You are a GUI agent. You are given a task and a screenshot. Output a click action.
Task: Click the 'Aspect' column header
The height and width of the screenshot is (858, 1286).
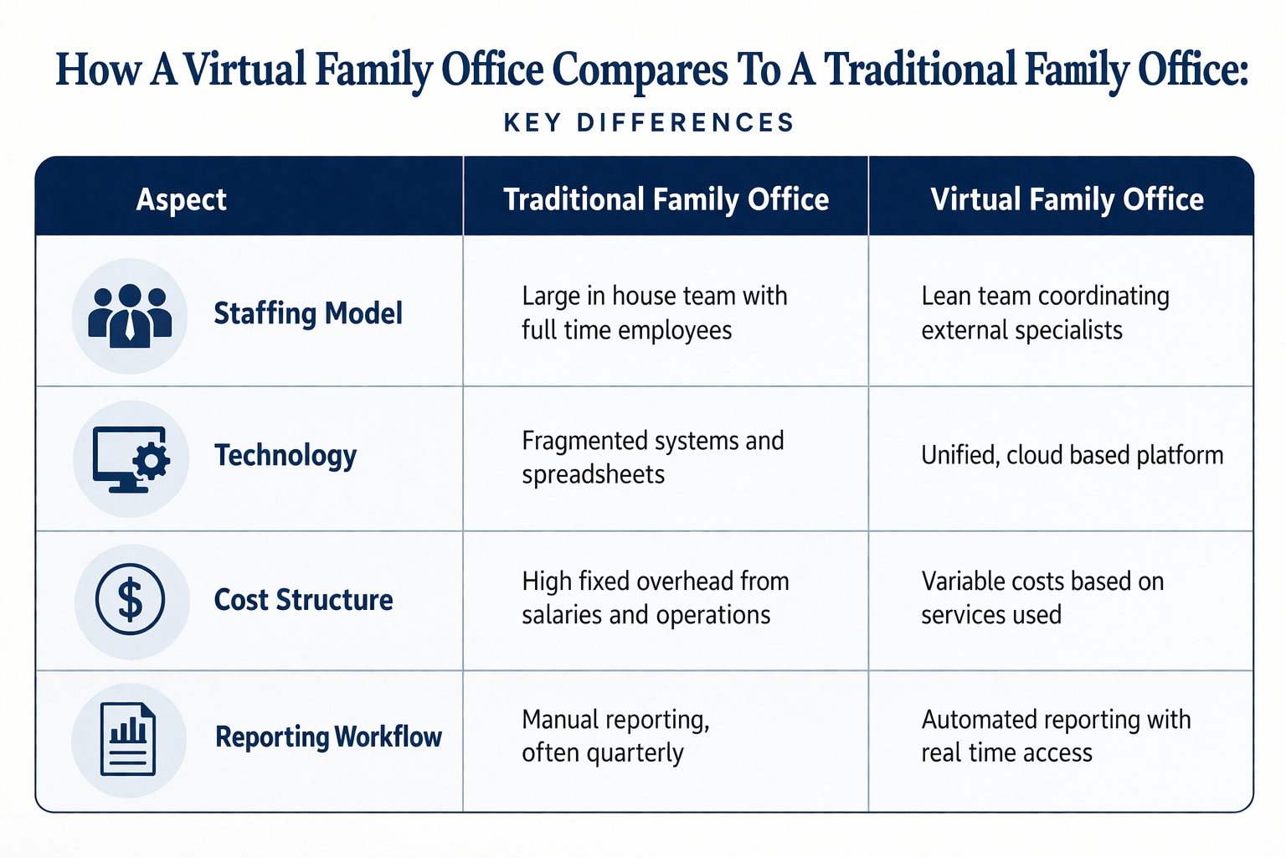pos(181,199)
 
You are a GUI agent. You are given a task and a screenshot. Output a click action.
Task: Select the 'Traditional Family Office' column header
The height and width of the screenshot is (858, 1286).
pos(666,199)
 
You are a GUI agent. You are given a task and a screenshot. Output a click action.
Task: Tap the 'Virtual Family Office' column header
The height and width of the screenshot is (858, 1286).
pos(1067,199)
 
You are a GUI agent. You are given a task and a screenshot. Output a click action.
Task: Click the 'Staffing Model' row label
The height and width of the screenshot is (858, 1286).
pos(308,313)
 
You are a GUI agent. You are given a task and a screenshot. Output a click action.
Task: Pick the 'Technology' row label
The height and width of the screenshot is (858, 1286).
pos(285,455)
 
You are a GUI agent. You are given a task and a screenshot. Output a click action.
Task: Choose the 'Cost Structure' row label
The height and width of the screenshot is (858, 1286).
pos(303,600)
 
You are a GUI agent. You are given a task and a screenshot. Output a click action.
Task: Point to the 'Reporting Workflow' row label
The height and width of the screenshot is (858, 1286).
pos(328,737)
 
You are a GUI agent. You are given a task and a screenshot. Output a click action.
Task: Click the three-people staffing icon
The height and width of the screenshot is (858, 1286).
pos(130,316)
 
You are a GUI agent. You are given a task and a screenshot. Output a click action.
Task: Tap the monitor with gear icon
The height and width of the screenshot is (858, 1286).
pos(131,458)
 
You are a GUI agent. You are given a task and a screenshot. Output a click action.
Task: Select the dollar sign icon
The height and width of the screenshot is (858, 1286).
pos(131,600)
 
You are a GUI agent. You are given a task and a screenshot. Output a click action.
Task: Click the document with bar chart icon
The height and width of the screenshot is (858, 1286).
pos(128,739)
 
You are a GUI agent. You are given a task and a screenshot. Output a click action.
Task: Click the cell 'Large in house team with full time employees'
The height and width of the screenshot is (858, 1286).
pos(654,313)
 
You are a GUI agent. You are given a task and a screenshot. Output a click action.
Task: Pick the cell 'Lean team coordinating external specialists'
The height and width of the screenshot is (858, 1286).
pos(1045,313)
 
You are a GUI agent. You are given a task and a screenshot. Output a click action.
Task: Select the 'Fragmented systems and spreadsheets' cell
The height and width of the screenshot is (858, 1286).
pos(652,457)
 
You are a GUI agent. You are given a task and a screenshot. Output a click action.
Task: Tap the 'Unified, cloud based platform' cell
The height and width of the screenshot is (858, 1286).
pos(1072,455)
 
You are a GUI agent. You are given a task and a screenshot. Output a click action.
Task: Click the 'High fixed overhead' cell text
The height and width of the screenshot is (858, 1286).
pos(655,597)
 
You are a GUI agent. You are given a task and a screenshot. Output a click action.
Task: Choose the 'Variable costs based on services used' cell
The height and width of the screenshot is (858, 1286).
pos(1042,597)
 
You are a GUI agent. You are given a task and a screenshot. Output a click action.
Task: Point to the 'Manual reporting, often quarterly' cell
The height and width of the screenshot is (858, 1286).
pos(615,736)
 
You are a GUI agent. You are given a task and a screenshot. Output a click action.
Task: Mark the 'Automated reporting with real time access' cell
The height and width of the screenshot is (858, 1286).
pos(1056,736)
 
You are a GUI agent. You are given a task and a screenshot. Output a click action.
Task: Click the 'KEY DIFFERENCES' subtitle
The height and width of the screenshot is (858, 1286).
pos(649,123)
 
